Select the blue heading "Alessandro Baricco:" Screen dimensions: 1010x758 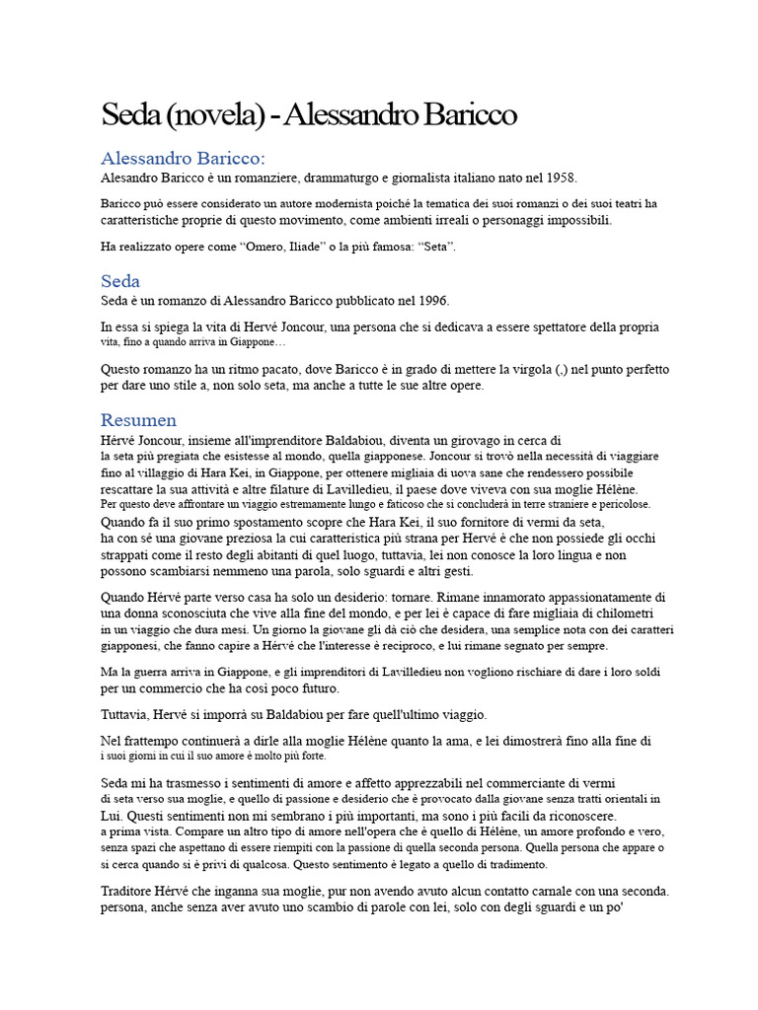[x=183, y=158]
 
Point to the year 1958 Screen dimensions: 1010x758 [x=561, y=178]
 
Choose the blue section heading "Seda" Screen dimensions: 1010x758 [x=120, y=281]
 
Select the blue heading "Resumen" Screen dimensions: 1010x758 [x=139, y=420]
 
